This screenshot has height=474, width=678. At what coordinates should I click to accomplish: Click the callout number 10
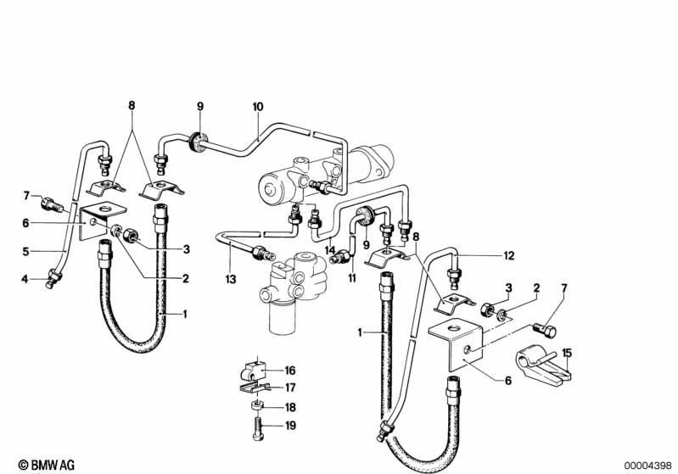(x=258, y=106)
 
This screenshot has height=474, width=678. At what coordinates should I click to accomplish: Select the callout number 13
(x=231, y=279)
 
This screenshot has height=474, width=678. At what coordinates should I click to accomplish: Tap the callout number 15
(x=567, y=353)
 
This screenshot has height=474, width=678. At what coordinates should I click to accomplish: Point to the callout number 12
(x=509, y=256)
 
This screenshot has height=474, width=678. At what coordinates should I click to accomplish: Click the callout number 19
(x=291, y=426)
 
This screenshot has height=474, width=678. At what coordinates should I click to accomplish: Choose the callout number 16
(x=290, y=371)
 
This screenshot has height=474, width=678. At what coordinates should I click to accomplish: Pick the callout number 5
(x=26, y=251)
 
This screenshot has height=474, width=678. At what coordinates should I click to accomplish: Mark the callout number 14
(x=330, y=250)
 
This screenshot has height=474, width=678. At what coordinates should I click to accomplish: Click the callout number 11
(x=352, y=278)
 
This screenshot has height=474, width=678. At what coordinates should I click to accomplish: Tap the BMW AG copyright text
(x=47, y=465)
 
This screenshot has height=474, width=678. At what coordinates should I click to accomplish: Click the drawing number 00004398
(x=648, y=466)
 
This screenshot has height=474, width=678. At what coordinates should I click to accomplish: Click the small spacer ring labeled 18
(x=257, y=406)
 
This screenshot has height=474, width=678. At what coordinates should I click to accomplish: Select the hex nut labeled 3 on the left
(x=130, y=236)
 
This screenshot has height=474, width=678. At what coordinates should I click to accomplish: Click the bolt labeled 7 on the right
(x=545, y=330)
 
